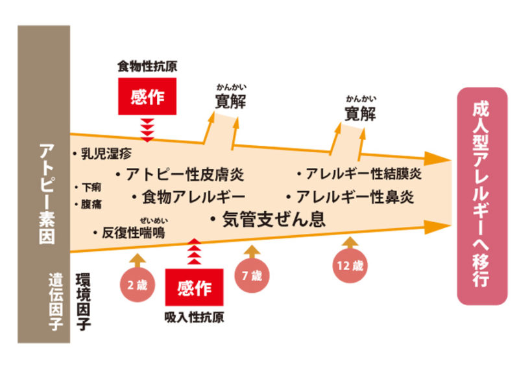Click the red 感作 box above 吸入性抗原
pos(193,288)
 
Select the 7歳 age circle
pos(252,276)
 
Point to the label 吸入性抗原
pos(193,318)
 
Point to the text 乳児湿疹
pos(104,154)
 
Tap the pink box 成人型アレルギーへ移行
pos(481,196)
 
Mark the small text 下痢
pos(91,187)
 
